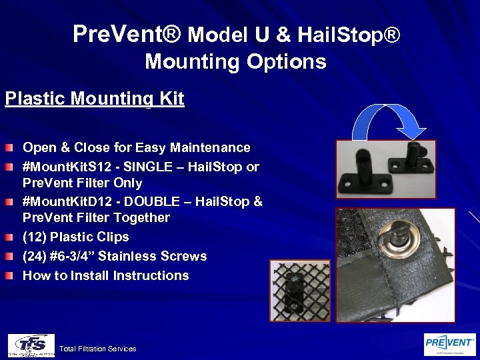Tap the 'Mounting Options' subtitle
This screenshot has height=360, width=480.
pyautogui.click(x=235, y=62)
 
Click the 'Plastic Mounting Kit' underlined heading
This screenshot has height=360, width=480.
pyautogui.click(x=94, y=99)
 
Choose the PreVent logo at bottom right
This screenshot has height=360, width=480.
pyautogui.click(x=450, y=344)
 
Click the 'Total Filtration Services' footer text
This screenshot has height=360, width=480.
pyautogui.click(x=97, y=349)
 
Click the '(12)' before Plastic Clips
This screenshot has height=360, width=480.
pyautogui.click(x=35, y=237)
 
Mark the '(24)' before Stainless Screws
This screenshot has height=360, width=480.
pyautogui.click(x=35, y=256)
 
